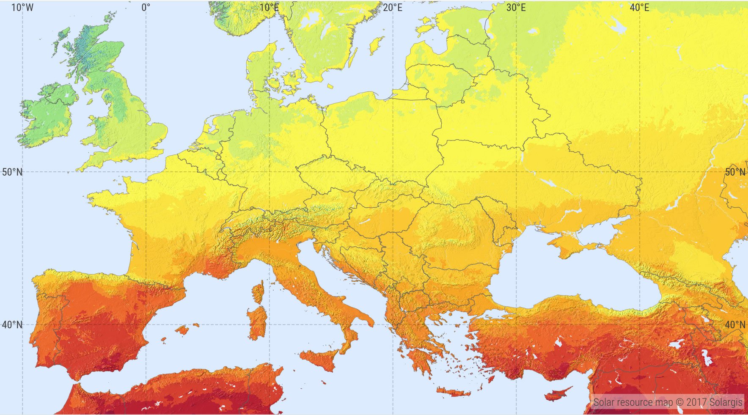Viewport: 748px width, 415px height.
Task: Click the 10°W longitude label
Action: pos(22,8)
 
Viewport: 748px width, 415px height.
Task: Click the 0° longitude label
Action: pos(146,8)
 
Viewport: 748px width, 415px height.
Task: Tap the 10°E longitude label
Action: pos(269,8)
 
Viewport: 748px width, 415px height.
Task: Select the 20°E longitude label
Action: pos(393,8)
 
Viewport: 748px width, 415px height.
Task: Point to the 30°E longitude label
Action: pos(516,8)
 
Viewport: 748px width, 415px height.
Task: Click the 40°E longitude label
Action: pos(639,8)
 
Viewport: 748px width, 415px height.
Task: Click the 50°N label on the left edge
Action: pos(12,172)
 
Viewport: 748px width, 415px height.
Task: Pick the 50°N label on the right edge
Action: pos(735,172)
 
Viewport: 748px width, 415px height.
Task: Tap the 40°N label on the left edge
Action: pos(12,325)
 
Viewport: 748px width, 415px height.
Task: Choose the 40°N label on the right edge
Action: pos(735,325)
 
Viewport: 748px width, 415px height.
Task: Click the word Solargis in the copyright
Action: pos(726,402)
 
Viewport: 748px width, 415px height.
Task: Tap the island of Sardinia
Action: pos(257,324)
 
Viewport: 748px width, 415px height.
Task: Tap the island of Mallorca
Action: pos(182,330)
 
